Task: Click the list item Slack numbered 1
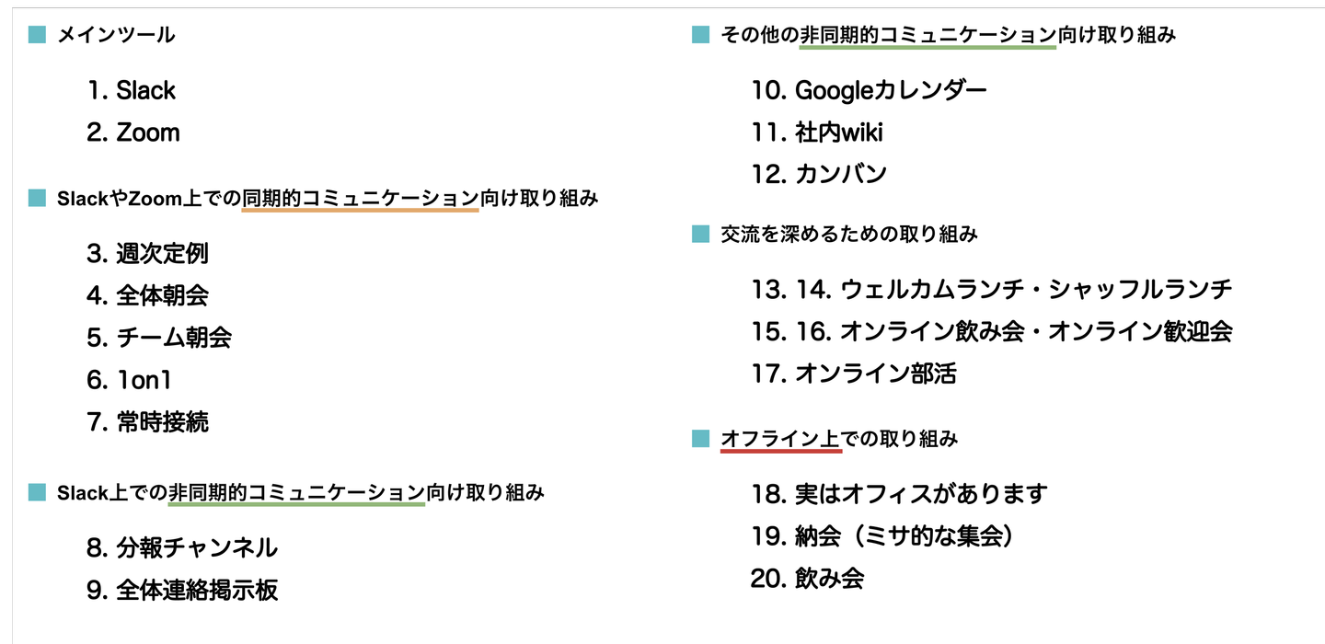tap(132, 90)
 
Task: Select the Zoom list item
tap(133, 132)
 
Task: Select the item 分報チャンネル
tap(182, 548)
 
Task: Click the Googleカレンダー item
tap(869, 90)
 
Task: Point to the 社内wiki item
tap(817, 132)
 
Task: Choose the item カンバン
tap(819, 174)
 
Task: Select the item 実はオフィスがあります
tap(899, 494)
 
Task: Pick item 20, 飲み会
tap(807, 579)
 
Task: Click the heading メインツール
tap(116, 36)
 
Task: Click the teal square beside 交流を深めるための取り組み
tap(700, 235)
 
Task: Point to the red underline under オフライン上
tap(780, 452)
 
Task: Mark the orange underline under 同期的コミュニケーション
tap(360, 210)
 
